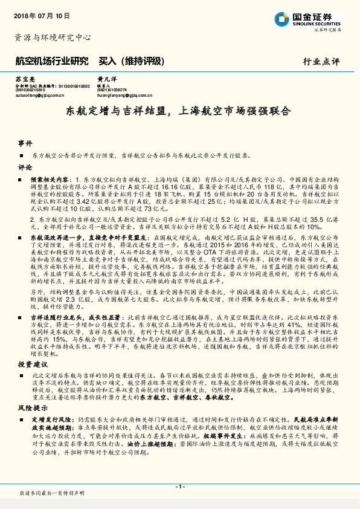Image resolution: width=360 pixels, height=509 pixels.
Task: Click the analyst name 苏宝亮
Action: [24, 80]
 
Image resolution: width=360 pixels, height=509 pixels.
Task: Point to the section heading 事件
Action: [25, 143]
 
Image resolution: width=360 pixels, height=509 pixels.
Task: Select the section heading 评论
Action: [25, 167]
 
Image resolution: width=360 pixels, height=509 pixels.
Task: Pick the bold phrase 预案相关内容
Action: [51, 180]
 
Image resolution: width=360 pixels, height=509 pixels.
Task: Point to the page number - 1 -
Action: [179, 486]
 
